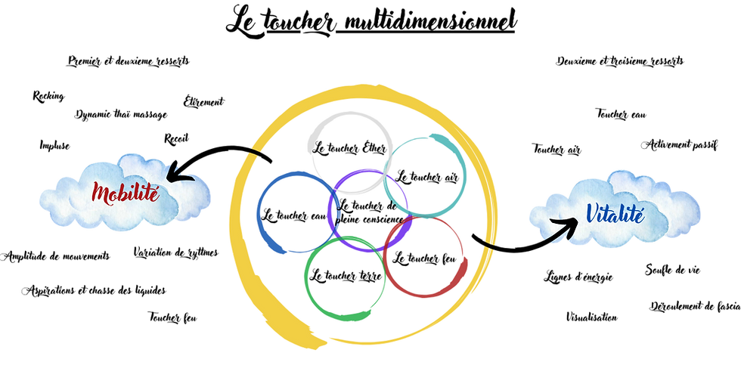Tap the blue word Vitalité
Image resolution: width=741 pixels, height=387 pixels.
[x=614, y=214]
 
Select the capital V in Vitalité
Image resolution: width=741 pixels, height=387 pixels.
[x=592, y=213]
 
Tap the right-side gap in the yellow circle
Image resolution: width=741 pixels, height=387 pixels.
[x=492, y=246]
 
